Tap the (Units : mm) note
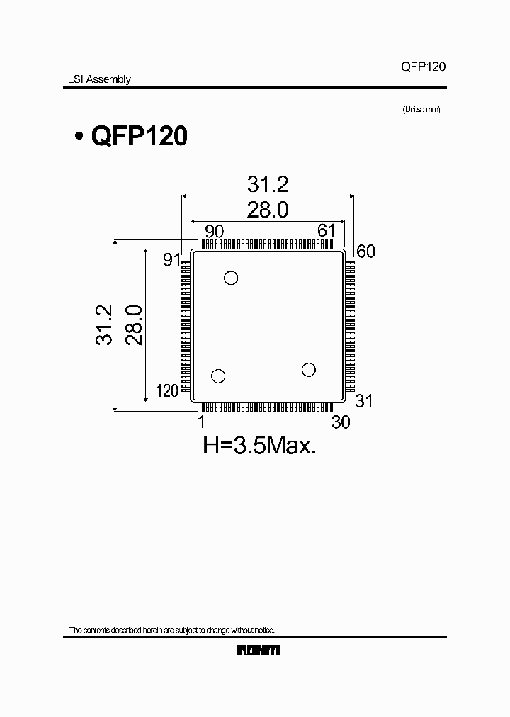point(421,109)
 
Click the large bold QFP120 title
point(139,136)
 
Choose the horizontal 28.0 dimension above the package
point(268,210)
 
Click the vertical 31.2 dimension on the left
point(104,325)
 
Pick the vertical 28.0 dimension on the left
point(135,325)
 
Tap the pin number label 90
point(214,231)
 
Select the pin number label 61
point(327,231)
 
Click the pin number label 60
point(365,251)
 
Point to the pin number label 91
point(172,259)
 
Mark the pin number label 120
point(166,391)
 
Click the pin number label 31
point(363,401)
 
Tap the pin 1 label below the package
point(202,422)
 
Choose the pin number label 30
point(341,422)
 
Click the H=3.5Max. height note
point(259,446)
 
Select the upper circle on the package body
point(231,278)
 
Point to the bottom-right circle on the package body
point(308,370)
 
